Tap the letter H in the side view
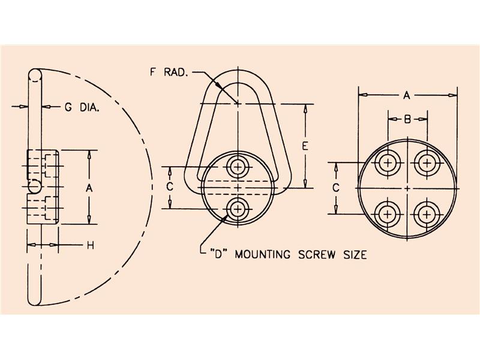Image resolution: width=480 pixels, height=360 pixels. pos(90,245)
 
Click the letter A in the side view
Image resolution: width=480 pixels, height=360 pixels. pos(89,188)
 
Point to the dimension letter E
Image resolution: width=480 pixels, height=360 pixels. pos(306,146)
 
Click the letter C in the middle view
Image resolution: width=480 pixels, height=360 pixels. pos(170,187)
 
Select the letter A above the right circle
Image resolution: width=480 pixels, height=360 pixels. pos(406,95)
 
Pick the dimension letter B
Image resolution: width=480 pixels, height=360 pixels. pos(407,119)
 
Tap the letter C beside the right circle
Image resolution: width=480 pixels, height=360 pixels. pos(336,187)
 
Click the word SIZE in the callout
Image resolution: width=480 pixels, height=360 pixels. pos(353,255)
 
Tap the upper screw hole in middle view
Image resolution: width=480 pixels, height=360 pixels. pos(239,166)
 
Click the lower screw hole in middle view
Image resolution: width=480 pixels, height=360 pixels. pos(239,209)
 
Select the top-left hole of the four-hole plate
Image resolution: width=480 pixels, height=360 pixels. pos(388,163)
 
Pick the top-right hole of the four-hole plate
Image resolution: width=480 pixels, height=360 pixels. pos(427,163)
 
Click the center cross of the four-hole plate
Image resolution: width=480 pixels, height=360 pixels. pos(407,188)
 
